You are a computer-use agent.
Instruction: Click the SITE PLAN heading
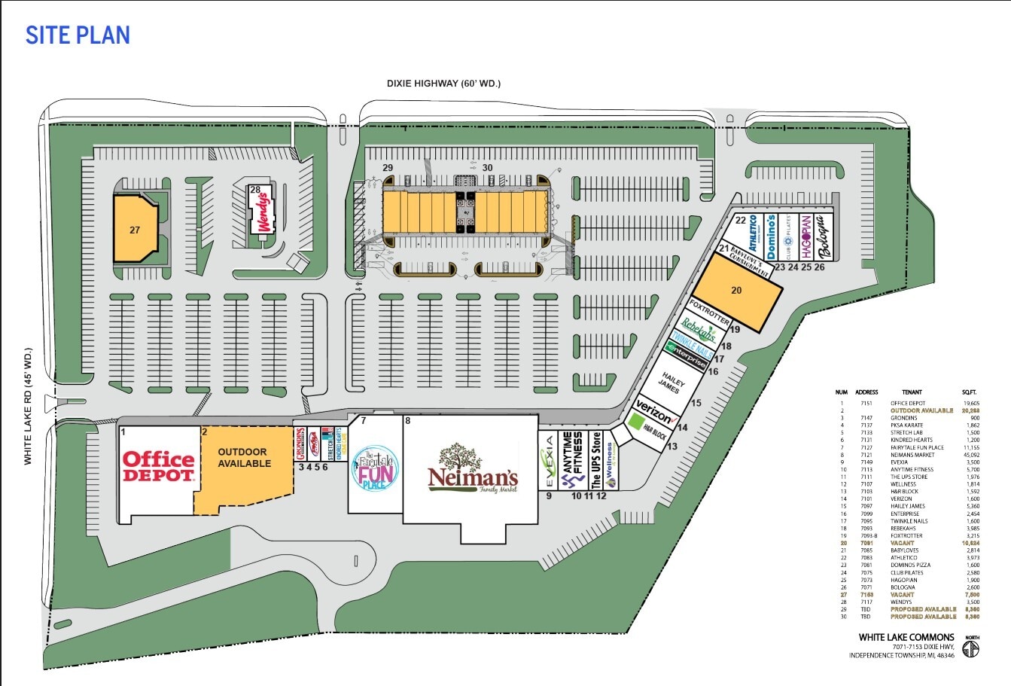tap(78, 35)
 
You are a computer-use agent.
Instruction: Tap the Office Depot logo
tap(159, 466)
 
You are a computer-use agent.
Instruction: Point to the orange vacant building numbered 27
tap(135, 230)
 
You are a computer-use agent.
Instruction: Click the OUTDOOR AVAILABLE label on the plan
tap(244, 458)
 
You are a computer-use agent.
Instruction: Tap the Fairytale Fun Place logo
tap(373, 470)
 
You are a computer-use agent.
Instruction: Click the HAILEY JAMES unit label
tap(672, 381)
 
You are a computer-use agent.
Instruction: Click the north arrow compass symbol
tap(972, 647)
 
